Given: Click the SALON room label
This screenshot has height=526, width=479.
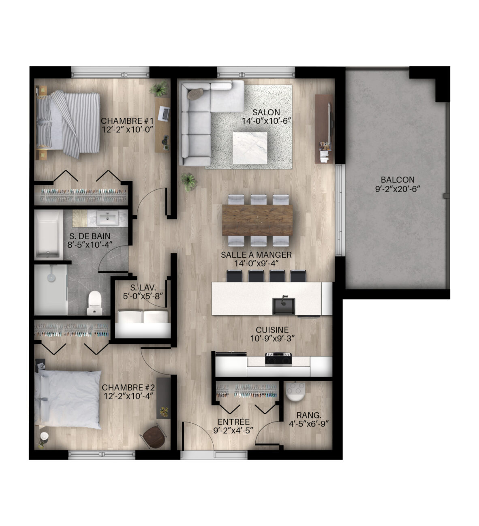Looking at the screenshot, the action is (x=266, y=112).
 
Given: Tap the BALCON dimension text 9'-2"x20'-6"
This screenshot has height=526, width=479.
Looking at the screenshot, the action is (x=398, y=189).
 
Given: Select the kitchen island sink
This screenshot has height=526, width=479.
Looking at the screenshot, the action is (x=284, y=305).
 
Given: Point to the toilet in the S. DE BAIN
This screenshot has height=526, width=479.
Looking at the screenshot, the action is (x=94, y=303).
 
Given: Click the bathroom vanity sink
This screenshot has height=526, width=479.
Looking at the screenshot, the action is (x=107, y=218).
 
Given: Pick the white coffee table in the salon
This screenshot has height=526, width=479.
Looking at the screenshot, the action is (x=250, y=148).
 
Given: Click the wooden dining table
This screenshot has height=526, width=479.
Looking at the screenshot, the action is (x=257, y=220).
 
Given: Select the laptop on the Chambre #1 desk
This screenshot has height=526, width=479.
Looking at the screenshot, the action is (x=164, y=114).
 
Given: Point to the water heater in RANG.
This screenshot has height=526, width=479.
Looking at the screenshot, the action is (x=295, y=392).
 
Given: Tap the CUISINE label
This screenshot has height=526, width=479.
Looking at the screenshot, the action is (x=272, y=330).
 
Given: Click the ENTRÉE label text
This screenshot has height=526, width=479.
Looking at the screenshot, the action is (x=234, y=422).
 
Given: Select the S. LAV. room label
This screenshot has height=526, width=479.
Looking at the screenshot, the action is (x=143, y=288).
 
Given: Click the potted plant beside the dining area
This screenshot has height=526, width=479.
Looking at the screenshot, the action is (x=189, y=182).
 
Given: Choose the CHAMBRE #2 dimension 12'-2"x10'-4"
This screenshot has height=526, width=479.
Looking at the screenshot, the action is (x=128, y=396).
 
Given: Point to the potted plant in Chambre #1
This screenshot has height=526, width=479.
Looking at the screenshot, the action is (x=159, y=89).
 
